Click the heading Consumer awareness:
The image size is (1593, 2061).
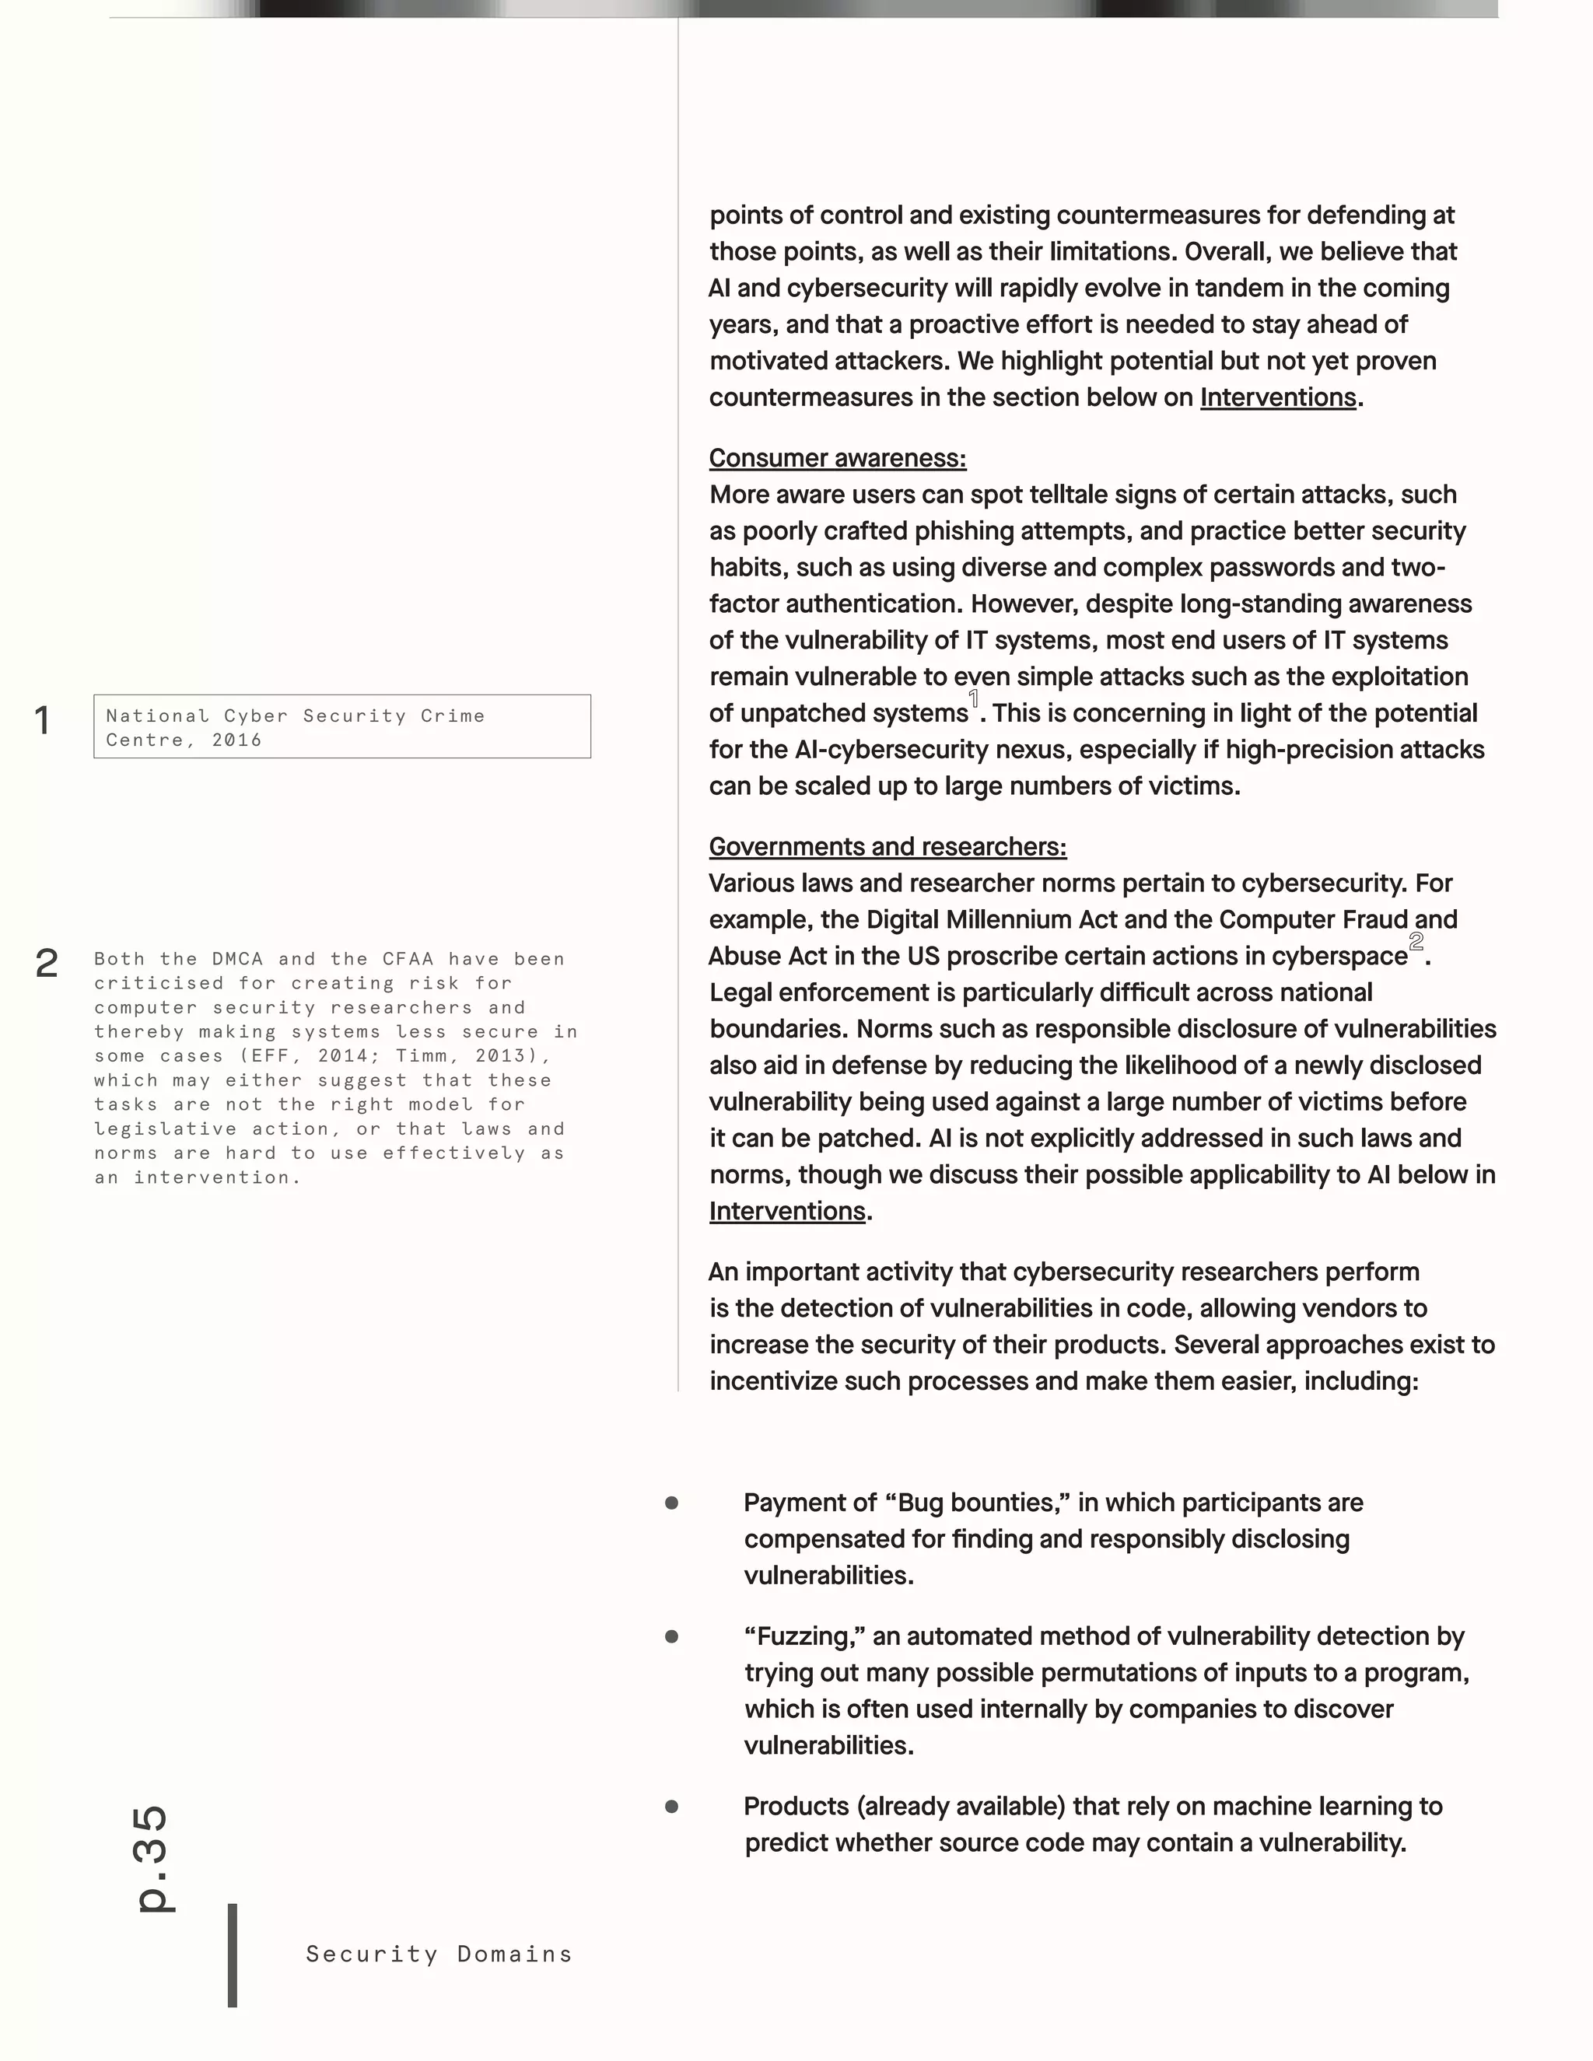[x=837, y=459]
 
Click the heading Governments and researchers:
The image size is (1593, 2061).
[x=887, y=848]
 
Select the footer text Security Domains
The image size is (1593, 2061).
[x=439, y=1954]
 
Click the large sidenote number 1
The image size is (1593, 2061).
[x=43, y=721]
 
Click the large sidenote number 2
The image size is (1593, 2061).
[x=46, y=964]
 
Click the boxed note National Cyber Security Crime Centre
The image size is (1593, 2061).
[x=341, y=726]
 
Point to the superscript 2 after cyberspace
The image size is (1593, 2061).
[x=1416, y=942]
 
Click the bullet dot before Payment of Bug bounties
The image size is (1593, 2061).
[x=672, y=1503]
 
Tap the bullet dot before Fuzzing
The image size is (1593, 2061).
[x=672, y=1637]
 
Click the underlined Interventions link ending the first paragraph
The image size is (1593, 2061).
[x=1278, y=398]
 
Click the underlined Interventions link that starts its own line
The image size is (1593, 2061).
[x=787, y=1212]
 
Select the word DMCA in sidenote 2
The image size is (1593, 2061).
[x=237, y=959]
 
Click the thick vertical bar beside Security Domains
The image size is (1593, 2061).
[x=232, y=1954]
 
